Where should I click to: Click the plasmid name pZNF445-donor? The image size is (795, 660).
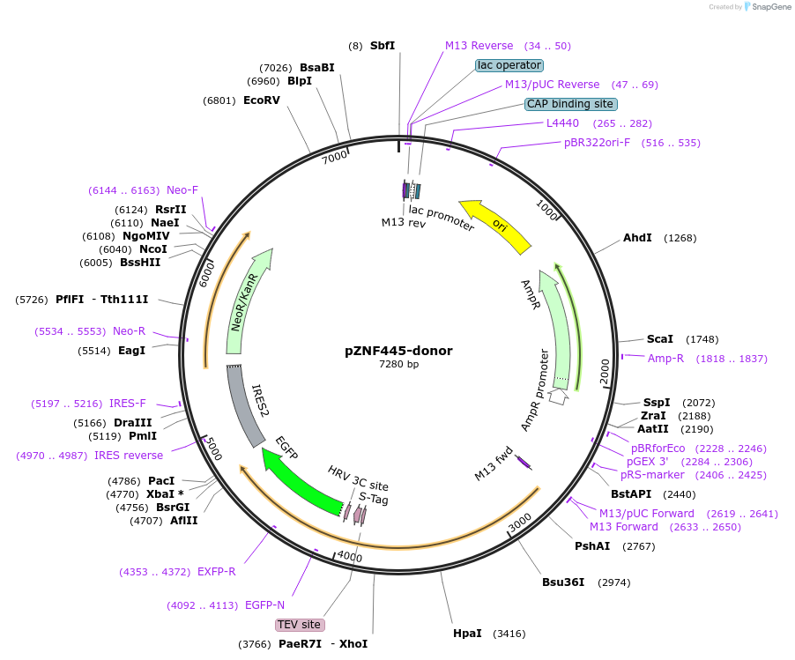[398, 351]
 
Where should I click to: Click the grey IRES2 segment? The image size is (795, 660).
[246, 406]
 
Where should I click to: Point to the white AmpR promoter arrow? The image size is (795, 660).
[558, 397]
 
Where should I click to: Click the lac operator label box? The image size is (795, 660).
[509, 65]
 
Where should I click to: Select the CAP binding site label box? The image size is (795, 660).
[569, 104]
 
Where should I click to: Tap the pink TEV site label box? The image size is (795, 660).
[300, 625]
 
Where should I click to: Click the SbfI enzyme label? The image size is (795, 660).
[383, 46]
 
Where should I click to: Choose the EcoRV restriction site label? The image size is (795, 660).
[262, 100]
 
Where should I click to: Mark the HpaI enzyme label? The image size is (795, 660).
[467, 634]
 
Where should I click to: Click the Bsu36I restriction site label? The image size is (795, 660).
[563, 582]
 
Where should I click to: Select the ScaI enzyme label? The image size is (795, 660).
[659, 338]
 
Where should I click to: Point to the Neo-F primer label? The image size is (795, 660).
[182, 190]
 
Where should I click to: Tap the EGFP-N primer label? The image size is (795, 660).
[264, 605]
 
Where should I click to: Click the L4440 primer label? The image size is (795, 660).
[562, 123]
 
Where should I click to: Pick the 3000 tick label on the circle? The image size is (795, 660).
[521, 522]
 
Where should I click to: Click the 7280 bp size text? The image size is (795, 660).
[398, 365]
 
